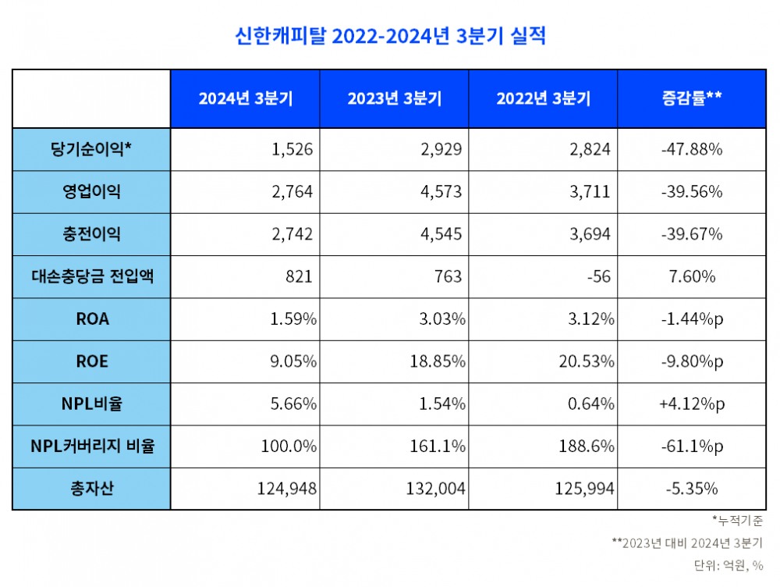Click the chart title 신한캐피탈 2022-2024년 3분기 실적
[x=390, y=36]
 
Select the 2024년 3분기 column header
[x=245, y=99]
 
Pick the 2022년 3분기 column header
[x=543, y=99]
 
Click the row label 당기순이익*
[x=92, y=149]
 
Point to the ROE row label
[x=92, y=361]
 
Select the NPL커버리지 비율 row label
[x=92, y=446]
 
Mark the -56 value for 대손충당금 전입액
[x=601, y=276]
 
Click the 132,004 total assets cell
[x=435, y=489]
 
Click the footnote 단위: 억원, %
[x=727, y=564]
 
